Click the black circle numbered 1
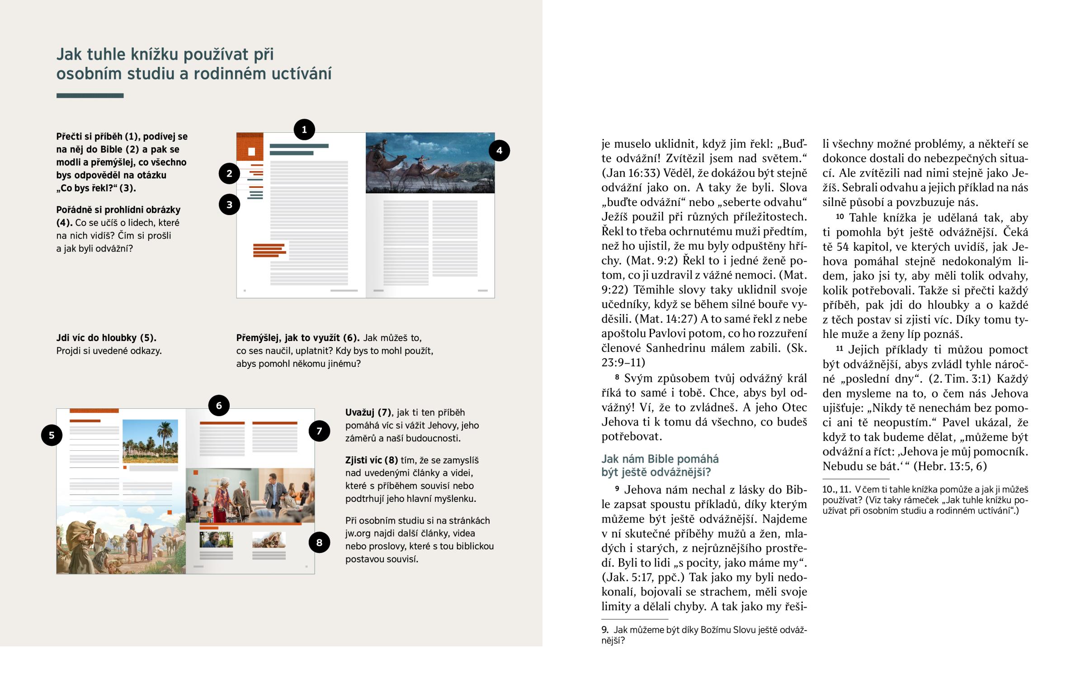click(304, 130)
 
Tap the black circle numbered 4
click(499, 151)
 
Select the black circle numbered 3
click(229, 205)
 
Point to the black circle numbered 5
click(52, 435)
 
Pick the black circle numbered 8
click(319, 542)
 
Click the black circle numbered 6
click(219, 406)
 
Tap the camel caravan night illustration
click(430, 163)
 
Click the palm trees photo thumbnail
click(150, 441)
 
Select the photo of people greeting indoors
click(250, 496)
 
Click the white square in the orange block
click(252, 152)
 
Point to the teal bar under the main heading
click(90, 95)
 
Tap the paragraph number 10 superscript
click(840, 216)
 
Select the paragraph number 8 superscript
click(617, 377)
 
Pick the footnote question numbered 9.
click(704, 635)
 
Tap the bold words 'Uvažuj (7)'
click(368, 412)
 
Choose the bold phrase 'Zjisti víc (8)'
click(371, 460)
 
